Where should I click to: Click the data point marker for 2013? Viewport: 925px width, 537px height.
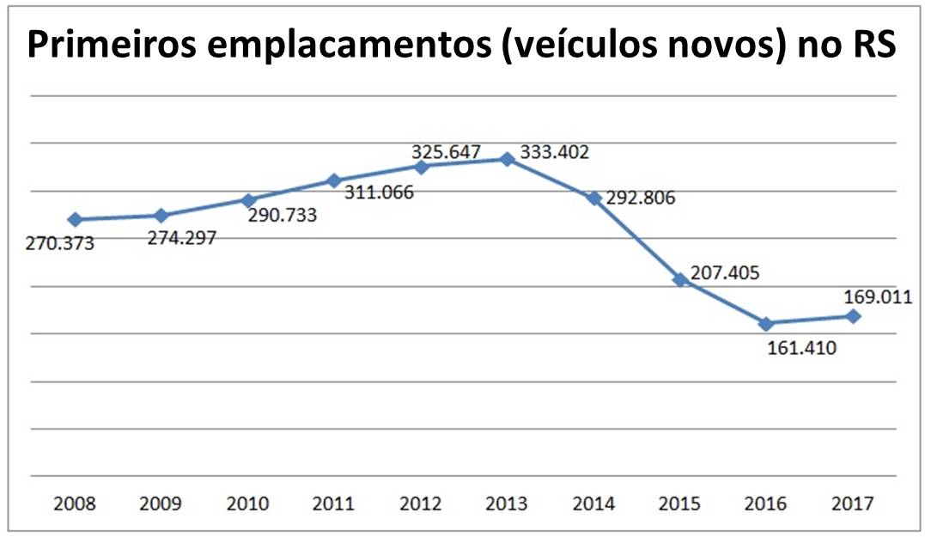click(x=508, y=158)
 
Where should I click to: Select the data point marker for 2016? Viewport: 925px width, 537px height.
click(x=767, y=323)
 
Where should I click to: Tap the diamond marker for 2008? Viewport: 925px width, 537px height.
click(x=75, y=219)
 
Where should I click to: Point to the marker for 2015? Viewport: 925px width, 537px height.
click(x=680, y=279)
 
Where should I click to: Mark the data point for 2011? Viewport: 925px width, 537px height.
click(x=334, y=180)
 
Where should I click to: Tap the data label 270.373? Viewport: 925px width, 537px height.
click(x=59, y=243)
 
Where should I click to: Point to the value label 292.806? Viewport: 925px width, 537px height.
click(x=640, y=198)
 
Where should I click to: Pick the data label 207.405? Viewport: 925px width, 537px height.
click(x=724, y=274)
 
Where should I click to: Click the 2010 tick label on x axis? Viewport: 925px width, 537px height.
click(x=247, y=503)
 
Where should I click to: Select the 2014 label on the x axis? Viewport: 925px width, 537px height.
click(x=593, y=503)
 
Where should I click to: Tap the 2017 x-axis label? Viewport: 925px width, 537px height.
click(x=853, y=503)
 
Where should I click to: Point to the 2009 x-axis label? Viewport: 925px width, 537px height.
click(x=161, y=503)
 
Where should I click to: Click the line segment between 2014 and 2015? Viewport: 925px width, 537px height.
click(x=636, y=239)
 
